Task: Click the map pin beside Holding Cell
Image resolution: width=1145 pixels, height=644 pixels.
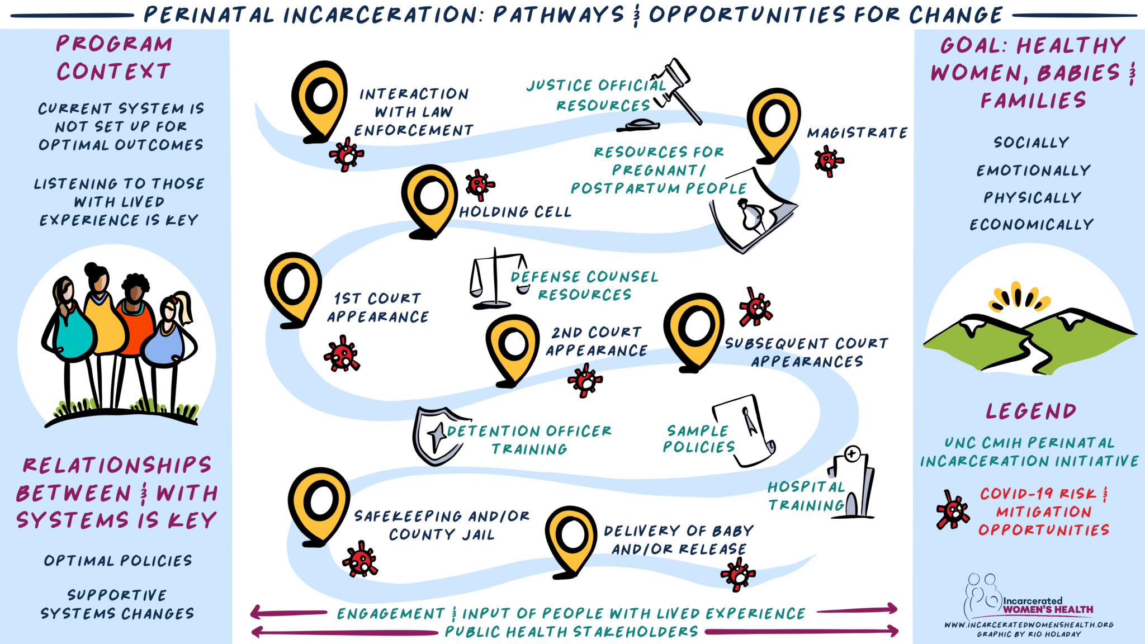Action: (429, 198)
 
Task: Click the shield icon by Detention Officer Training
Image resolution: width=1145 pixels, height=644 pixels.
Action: (436, 436)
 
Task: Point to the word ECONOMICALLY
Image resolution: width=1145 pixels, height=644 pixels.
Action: (1032, 225)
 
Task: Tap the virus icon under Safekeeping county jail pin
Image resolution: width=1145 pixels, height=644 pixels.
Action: (360, 559)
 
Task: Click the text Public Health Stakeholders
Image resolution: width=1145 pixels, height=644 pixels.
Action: (571, 632)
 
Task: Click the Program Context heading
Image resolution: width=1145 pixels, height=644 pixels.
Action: (114, 58)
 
